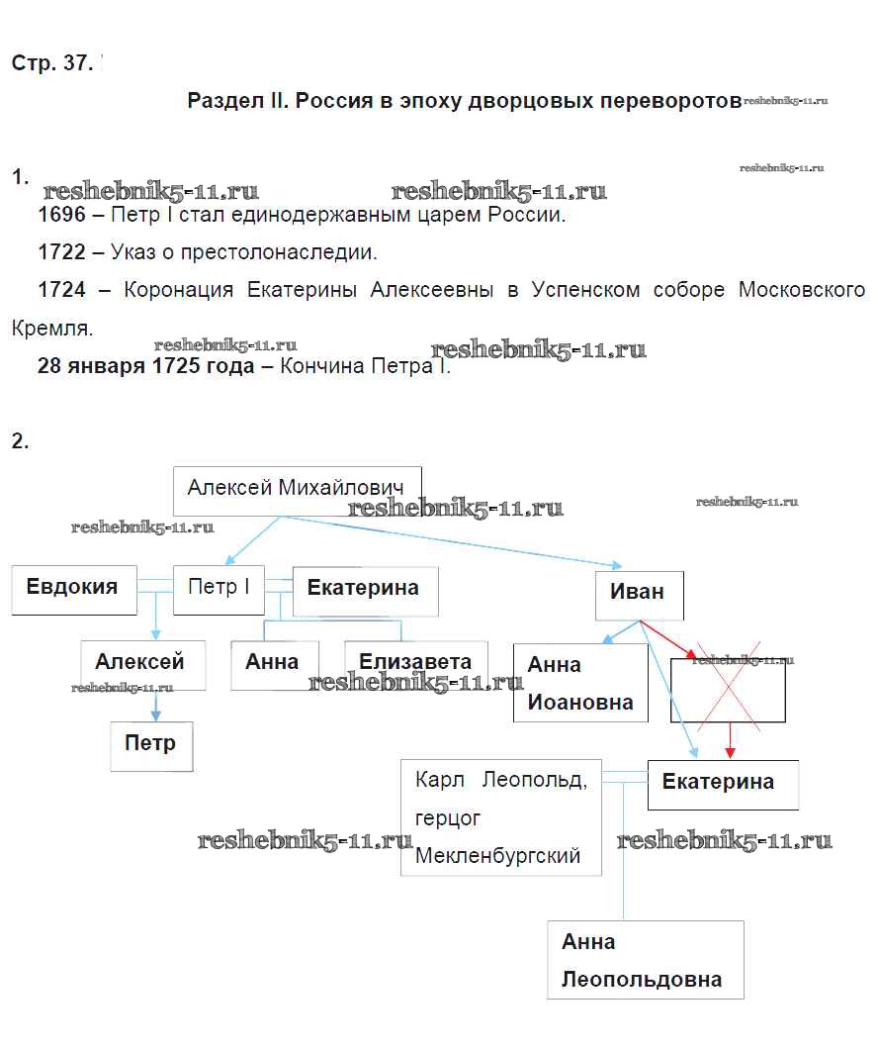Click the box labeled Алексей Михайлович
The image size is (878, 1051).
coord(297,490)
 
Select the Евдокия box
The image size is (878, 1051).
coord(74,589)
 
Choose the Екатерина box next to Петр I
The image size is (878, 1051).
coord(365,591)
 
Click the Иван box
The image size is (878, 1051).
coord(639,594)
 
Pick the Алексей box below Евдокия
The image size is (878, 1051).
coord(143,664)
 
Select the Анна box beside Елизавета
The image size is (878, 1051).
coord(274,664)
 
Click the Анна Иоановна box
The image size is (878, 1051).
coord(580,683)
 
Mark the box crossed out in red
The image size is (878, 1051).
coord(728,690)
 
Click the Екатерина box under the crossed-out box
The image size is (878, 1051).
coord(722,784)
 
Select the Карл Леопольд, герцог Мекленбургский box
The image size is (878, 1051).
coord(501,817)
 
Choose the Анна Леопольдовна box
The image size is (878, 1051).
coord(645,960)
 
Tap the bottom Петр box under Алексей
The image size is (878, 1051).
coord(150,745)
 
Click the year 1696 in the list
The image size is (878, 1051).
coord(62,216)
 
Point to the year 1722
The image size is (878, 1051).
coord(62,252)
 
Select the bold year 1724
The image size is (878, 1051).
coord(62,290)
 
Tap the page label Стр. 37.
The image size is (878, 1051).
coord(52,63)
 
